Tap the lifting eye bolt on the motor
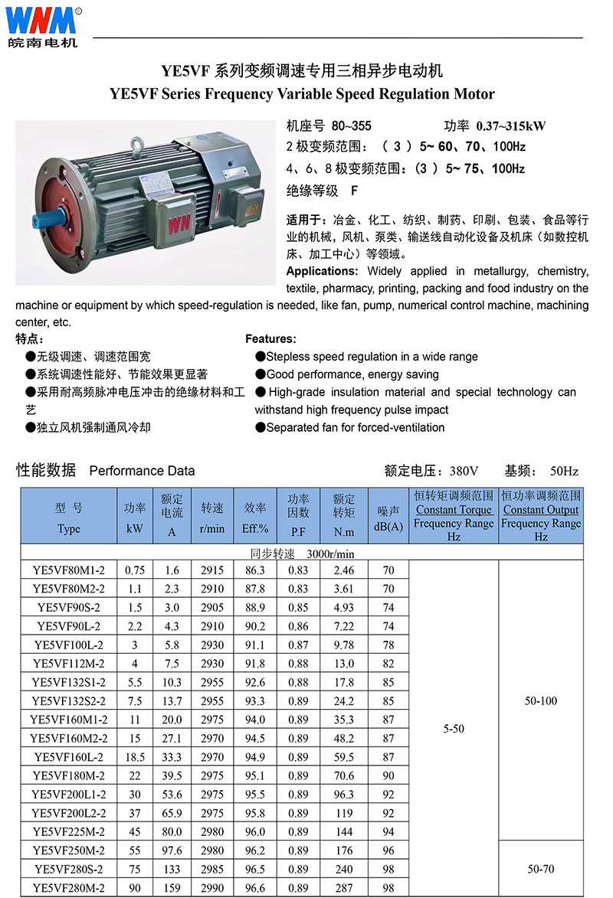pyautogui.click(x=136, y=143)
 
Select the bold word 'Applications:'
pyautogui.click(x=322, y=271)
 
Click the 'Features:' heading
pyautogui.click(x=270, y=338)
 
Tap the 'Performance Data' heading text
pyautogui.click(x=142, y=471)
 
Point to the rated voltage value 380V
pyautogui.click(x=464, y=471)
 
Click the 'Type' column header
pyautogui.click(x=68, y=529)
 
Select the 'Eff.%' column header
pyautogui.click(x=255, y=529)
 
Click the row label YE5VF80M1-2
pyautogui.click(x=68, y=570)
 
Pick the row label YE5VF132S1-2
pyautogui.click(x=68, y=682)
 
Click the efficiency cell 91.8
pyautogui.click(x=255, y=664)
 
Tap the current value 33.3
pyautogui.click(x=172, y=757)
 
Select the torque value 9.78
pyautogui.click(x=344, y=645)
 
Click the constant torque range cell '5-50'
pyautogui.click(x=454, y=729)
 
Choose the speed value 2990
pyautogui.click(x=212, y=888)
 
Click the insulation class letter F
pyautogui.click(x=354, y=190)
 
